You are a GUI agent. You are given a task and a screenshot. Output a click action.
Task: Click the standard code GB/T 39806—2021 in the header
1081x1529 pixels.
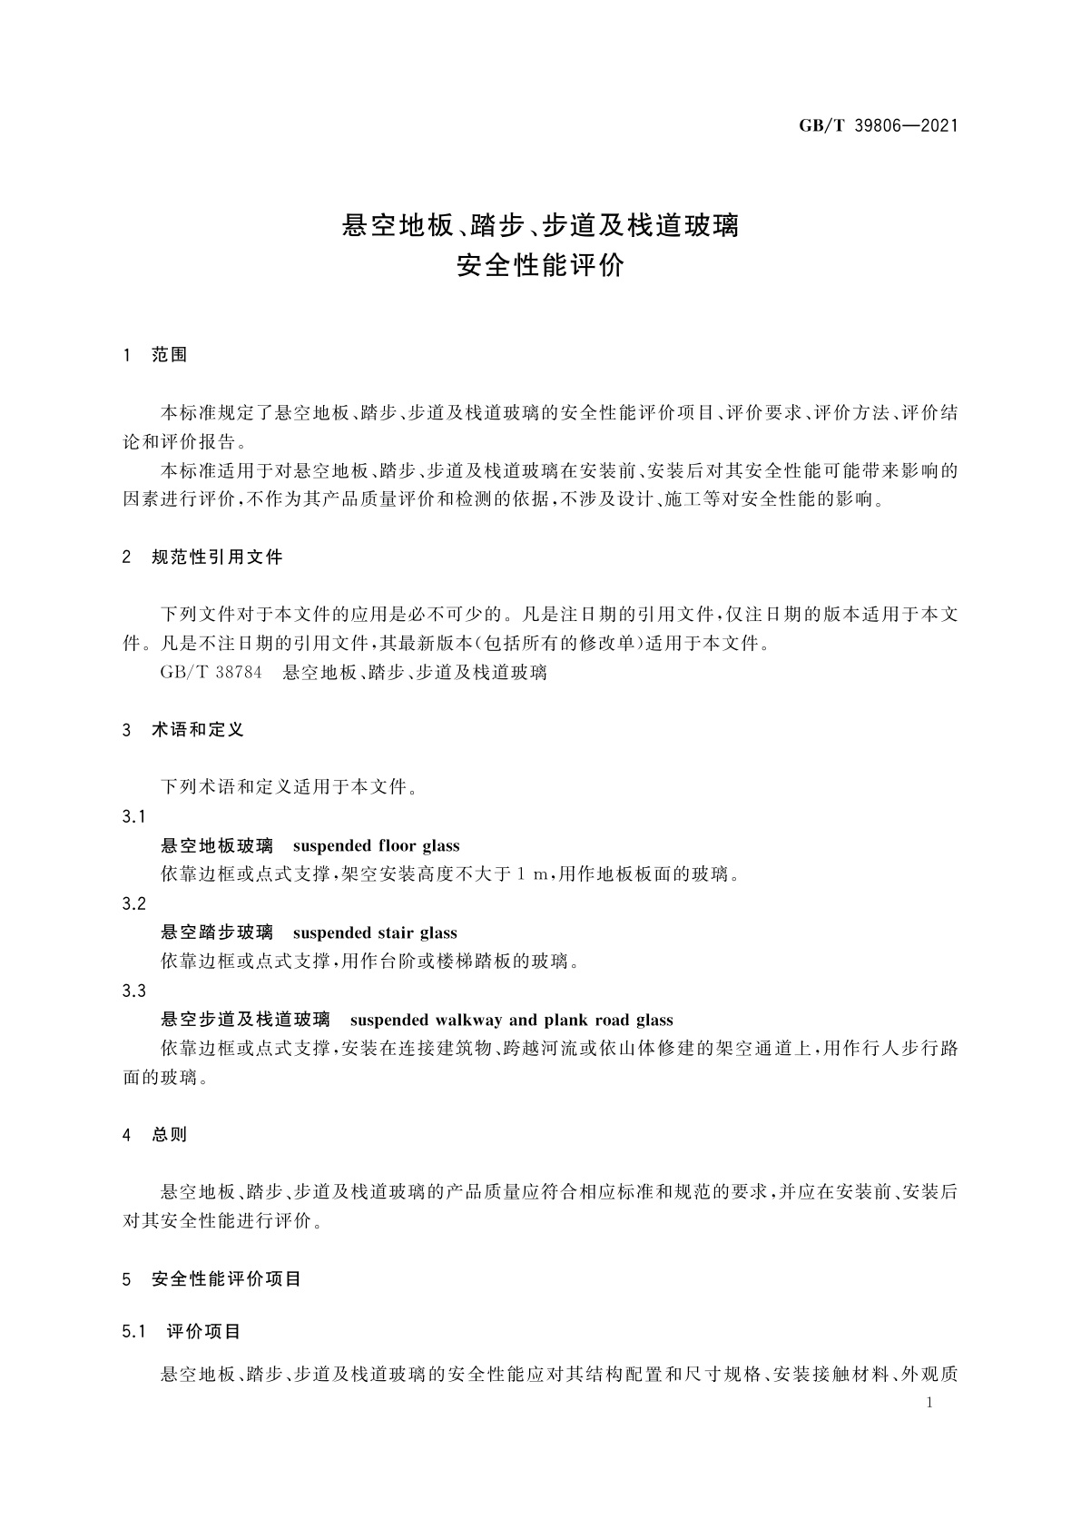[878, 126]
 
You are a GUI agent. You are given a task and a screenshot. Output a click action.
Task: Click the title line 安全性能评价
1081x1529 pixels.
[540, 267]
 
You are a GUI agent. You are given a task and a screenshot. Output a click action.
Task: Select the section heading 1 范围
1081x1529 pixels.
[155, 355]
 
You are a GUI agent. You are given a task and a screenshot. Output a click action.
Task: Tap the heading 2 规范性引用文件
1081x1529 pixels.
[202, 557]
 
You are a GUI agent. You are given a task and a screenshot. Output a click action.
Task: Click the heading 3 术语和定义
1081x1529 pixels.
[183, 730]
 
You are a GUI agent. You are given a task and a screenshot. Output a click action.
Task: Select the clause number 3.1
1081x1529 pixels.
[133, 817]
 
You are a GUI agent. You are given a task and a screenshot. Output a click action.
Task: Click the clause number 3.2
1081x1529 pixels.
[133, 904]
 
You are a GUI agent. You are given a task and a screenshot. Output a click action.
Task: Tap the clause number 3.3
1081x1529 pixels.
[133, 991]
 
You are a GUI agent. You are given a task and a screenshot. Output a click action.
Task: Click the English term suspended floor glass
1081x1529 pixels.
[377, 846]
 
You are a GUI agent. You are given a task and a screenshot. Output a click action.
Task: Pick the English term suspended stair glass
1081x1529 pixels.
[375, 933]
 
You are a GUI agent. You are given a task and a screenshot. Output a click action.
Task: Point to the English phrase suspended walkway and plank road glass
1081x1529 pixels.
[511, 1020]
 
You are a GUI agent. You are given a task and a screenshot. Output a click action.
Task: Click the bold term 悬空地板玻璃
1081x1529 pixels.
[217, 846]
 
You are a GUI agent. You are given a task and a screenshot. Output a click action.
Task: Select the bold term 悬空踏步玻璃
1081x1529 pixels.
[217, 933]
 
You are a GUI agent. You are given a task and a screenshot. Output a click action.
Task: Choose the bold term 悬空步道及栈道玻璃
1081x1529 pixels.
[245, 1020]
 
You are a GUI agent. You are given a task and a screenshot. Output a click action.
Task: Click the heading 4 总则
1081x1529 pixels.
[155, 1134]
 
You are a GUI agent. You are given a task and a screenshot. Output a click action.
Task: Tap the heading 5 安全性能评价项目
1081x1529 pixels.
[211, 1279]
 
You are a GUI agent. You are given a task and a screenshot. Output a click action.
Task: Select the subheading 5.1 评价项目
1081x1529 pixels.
[182, 1332]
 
